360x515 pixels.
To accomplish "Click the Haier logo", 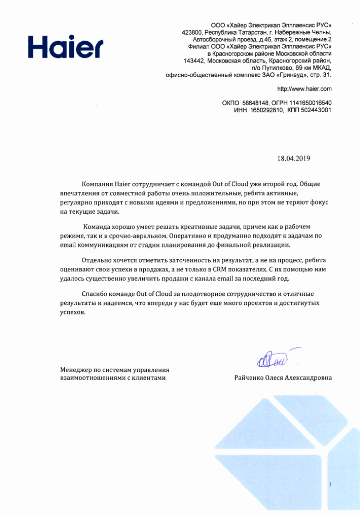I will (66, 45).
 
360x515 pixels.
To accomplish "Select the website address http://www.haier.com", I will (304, 88).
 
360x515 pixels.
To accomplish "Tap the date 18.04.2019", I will (293, 159).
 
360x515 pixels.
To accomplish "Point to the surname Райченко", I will (249, 378).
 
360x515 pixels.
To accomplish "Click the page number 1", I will (329, 484).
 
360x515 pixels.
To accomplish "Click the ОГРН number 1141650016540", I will (309, 103).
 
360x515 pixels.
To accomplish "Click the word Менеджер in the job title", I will (75, 370).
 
